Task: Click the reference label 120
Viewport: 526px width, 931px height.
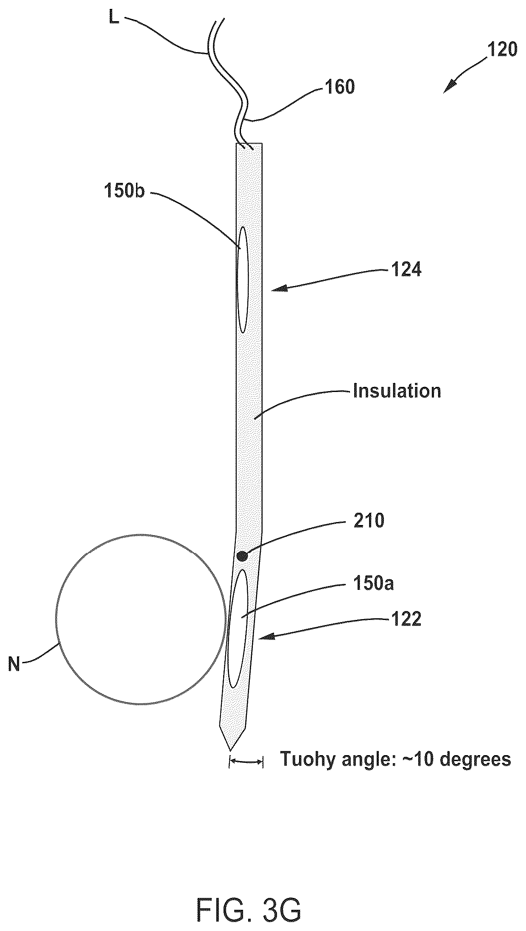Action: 502,50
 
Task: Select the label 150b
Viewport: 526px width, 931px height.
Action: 125,191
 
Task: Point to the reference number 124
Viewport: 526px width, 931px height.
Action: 406,270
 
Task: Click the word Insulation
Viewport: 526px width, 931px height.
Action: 397,391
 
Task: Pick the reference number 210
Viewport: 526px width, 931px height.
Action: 369,520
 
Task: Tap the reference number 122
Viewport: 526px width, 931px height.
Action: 406,619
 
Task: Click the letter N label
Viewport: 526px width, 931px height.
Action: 14,664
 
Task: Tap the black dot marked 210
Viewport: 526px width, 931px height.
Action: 242,556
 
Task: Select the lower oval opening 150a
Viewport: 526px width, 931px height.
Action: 238,628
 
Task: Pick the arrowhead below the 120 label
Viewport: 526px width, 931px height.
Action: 448,87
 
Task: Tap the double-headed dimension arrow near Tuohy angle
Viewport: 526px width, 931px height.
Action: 246,762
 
